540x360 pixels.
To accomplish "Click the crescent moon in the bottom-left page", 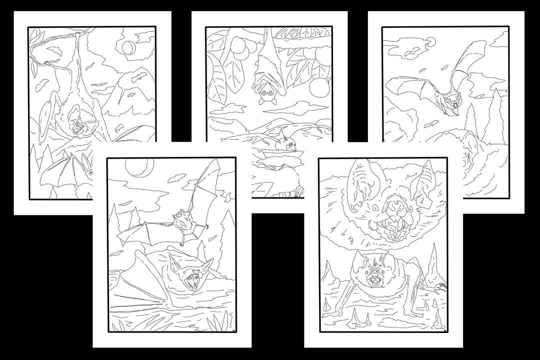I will (x=132, y=166).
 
